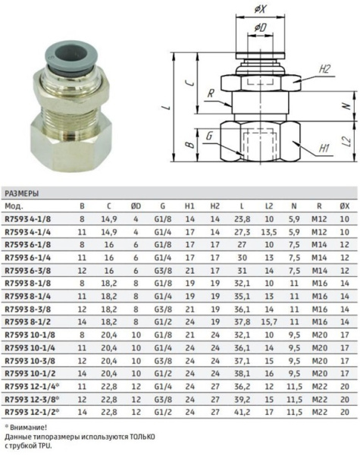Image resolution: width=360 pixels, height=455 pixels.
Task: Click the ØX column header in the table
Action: [x=344, y=206]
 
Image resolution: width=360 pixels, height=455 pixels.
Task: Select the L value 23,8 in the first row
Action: [x=242, y=218]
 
